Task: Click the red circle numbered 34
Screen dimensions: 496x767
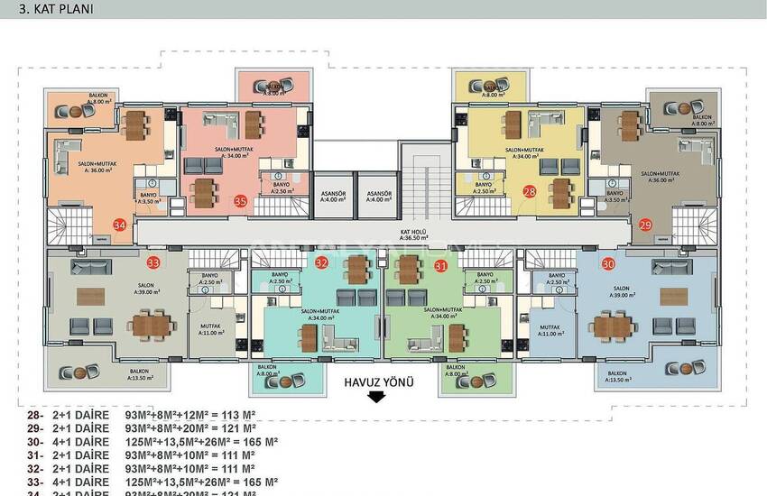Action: point(119,225)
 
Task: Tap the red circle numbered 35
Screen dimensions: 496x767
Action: point(240,201)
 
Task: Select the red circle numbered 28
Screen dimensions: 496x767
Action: point(530,191)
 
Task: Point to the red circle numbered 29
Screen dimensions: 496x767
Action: point(644,225)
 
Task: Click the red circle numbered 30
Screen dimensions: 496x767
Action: point(608,263)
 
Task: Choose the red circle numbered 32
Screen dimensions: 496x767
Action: point(322,263)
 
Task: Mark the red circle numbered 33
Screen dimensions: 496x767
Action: point(153,262)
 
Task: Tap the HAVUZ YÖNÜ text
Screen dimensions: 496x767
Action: point(378,382)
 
